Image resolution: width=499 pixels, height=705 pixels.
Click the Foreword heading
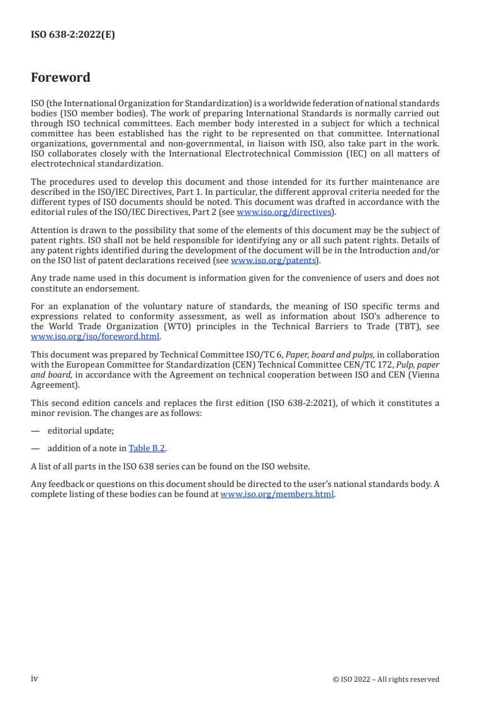click(60, 78)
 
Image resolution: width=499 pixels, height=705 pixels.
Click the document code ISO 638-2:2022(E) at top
click(73, 35)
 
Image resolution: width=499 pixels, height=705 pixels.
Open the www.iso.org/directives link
click(283, 212)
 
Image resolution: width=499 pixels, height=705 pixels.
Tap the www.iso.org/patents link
click(272, 261)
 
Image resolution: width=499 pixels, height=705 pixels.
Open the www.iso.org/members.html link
click(277, 495)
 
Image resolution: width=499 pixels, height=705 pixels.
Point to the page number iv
click(35, 679)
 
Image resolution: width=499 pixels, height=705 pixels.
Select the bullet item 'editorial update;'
click(81, 431)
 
